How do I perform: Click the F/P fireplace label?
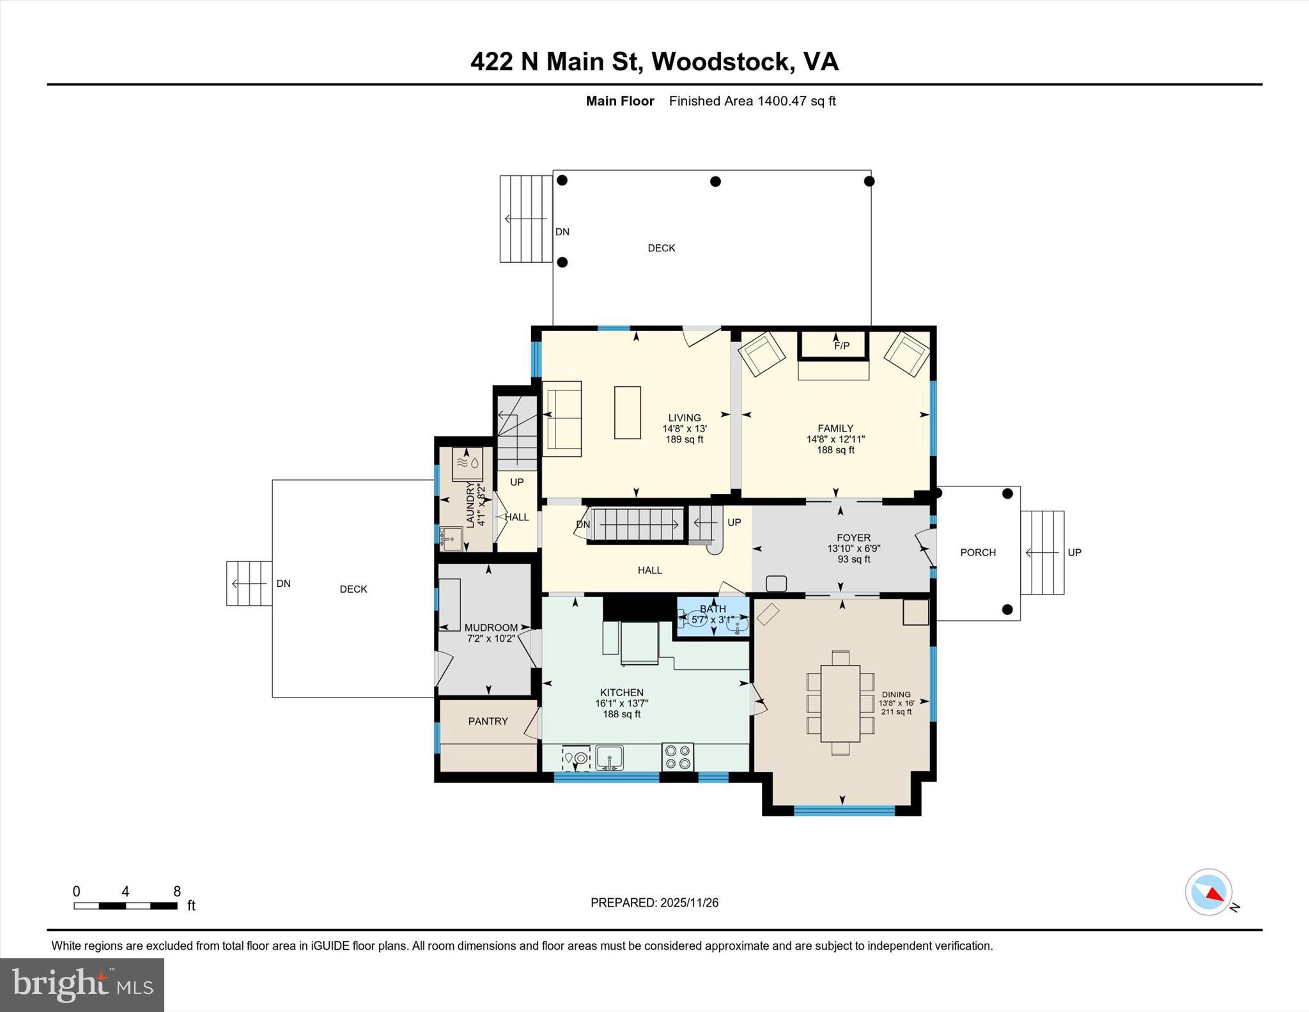(842, 346)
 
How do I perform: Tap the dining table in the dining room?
(840, 703)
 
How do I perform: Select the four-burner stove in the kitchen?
(678, 758)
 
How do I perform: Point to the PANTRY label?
(488, 721)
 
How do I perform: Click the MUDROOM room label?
(491, 628)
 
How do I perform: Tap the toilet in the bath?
(695, 618)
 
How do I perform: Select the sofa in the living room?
(562, 419)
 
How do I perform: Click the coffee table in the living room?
(627, 412)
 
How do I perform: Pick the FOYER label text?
(853, 538)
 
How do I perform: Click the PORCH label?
(977, 552)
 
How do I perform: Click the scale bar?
(125, 905)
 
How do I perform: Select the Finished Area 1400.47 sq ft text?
(752, 101)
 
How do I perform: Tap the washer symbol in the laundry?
(467, 464)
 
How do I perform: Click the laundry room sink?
(451, 539)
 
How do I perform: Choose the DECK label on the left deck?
(353, 589)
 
